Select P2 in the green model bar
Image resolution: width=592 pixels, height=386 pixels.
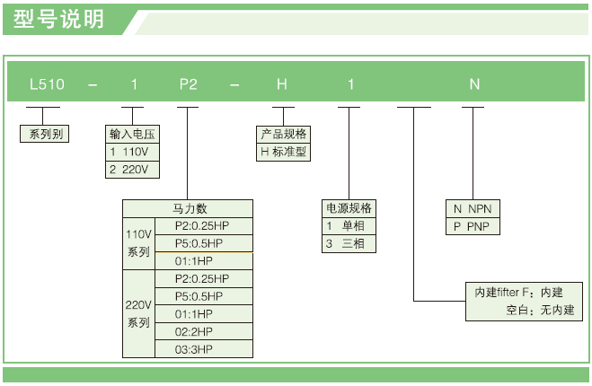point(188,84)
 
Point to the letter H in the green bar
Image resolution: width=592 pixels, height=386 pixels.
point(282,84)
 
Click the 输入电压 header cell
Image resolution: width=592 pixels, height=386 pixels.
point(134,134)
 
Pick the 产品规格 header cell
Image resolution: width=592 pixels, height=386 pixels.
point(283,134)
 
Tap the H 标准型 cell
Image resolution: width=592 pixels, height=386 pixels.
point(283,152)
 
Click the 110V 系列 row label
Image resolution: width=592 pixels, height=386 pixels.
point(138,242)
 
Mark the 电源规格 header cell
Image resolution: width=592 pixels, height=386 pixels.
point(349,208)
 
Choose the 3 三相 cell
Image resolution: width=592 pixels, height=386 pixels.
point(349,243)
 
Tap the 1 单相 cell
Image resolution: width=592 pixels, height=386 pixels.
point(349,225)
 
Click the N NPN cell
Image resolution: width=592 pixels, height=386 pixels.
point(473,208)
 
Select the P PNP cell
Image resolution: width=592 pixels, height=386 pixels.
point(473,226)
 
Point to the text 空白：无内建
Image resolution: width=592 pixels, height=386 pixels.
point(541,311)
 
